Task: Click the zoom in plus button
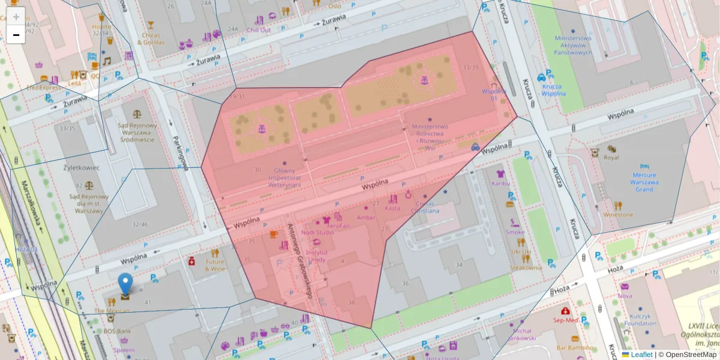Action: tap(16, 17)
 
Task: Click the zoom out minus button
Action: tap(16, 35)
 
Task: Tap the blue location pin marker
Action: tap(125, 284)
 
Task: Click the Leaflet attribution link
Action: tap(641, 355)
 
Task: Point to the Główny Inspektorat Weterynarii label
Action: tap(284, 178)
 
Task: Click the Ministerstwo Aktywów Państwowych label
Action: tap(573, 45)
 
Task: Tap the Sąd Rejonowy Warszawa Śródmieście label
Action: tap(137, 133)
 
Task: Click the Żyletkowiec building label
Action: tap(82, 167)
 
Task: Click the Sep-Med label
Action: tap(565, 320)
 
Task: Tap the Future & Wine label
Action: tap(215, 265)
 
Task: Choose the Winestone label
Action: tap(618, 214)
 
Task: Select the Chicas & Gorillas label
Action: tap(151, 39)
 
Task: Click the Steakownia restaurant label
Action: tap(526, 268)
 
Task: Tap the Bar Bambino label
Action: tap(574, 347)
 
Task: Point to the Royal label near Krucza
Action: tap(611, 158)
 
